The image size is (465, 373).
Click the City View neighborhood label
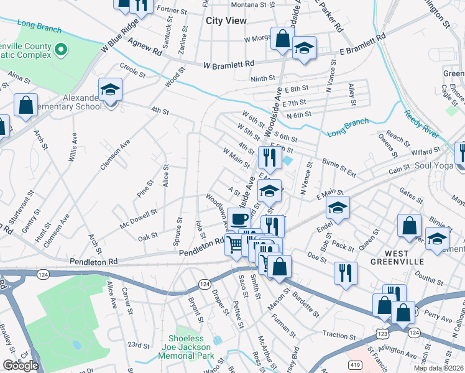tap(226, 21)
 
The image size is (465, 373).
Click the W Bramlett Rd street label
tap(229, 64)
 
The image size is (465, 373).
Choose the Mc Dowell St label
tap(139, 218)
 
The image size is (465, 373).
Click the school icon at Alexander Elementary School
tap(110, 90)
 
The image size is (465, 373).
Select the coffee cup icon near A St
tap(239, 219)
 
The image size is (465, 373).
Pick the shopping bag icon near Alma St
tap(26, 106)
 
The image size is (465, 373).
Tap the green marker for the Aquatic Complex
tap(61, 49)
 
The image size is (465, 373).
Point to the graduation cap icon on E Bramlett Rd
tap(304, 48)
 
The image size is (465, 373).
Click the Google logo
tap(21, 366)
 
